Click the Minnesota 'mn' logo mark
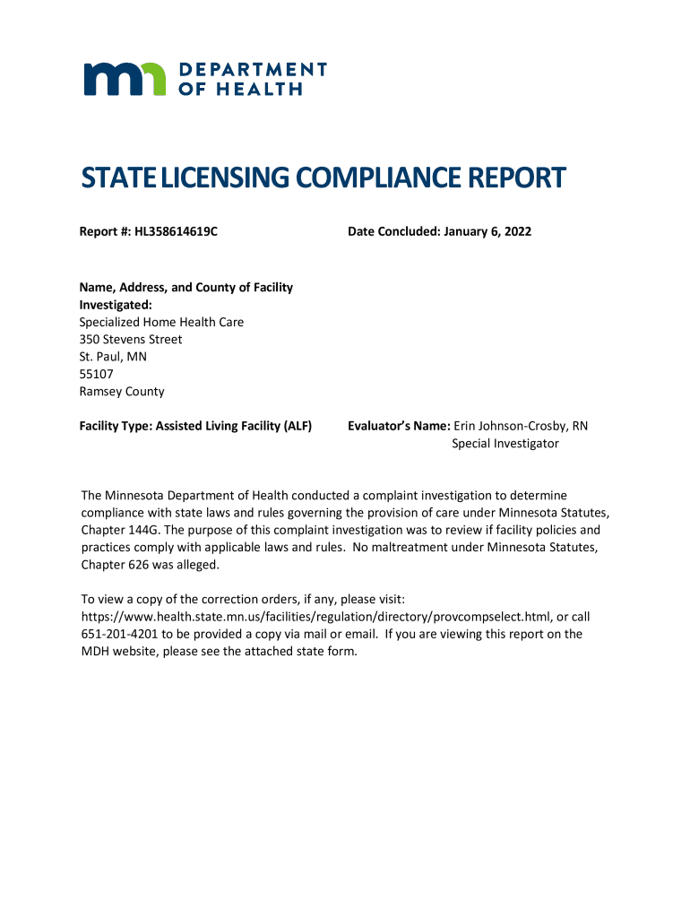point(125,79)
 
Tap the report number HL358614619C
point(177,232)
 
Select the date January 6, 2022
point(486,232)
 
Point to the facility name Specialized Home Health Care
point(161,323)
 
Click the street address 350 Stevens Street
point(131,340)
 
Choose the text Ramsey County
point(122,392)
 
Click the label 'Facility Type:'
point(116,427)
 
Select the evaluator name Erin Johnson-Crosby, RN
point(521,427)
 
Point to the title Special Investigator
point(505,444)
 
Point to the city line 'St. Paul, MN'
point(113,357)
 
